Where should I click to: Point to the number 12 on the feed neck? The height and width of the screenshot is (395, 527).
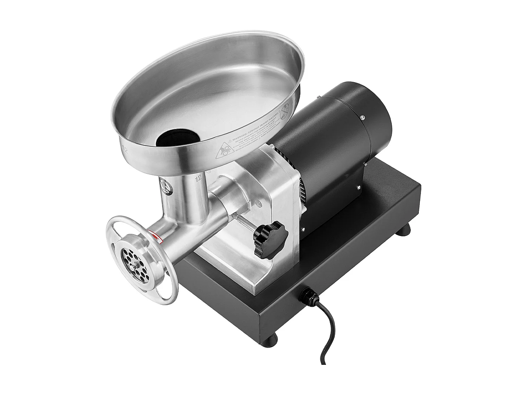199,180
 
